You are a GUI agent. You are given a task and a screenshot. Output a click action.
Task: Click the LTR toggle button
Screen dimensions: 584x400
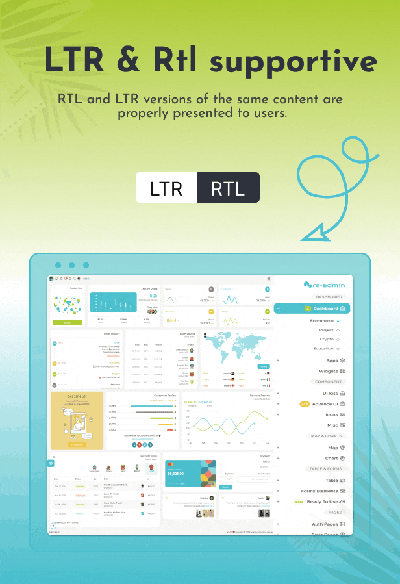pos(166,188)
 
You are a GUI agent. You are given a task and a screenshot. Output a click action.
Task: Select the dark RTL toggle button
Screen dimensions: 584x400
pos(228,188)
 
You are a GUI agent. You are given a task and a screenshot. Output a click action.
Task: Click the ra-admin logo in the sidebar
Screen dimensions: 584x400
pos(325,285)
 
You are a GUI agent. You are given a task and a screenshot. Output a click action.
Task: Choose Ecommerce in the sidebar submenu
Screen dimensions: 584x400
pos(322,320)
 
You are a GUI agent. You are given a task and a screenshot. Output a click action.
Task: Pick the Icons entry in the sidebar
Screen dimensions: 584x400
pos(332,414)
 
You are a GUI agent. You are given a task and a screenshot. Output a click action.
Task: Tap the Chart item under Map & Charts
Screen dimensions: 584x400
pos(332,458)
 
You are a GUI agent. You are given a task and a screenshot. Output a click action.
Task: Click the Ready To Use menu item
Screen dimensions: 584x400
pos(323,501)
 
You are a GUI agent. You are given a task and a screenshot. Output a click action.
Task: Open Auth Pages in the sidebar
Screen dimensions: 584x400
pos(326,524)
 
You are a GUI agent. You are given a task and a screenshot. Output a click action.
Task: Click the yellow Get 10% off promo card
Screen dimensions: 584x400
pos(77,420)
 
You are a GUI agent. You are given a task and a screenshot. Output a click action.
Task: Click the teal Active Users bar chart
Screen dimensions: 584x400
pos(114,303)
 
